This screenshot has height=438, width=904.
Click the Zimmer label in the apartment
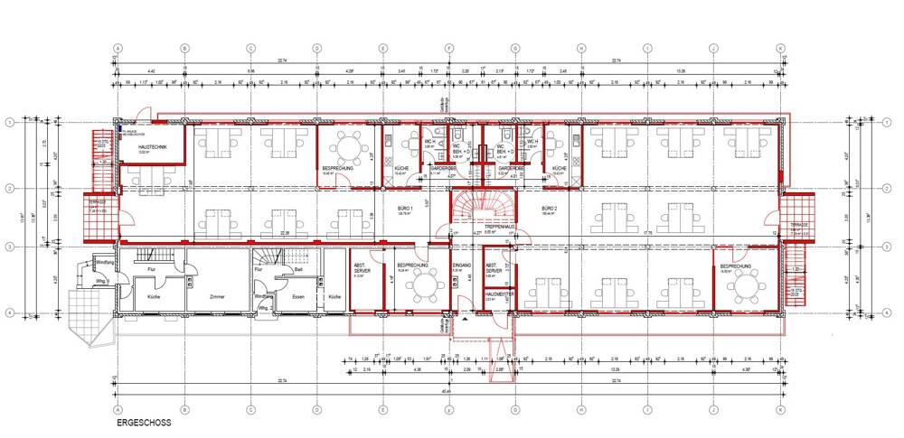[215, 296]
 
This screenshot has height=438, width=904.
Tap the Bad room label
[297, 268]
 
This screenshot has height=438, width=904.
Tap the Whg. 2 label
[264, 308]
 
